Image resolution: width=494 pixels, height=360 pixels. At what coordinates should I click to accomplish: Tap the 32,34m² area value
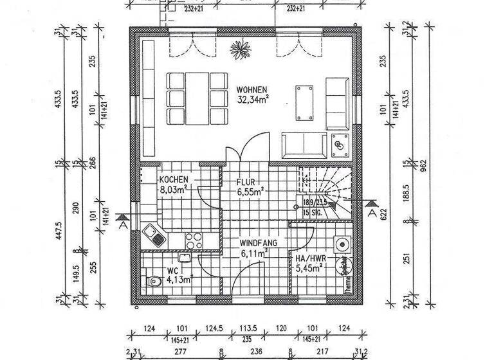253,100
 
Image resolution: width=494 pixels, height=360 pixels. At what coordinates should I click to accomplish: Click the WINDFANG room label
258,244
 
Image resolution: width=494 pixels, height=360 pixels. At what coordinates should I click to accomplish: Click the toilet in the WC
153,281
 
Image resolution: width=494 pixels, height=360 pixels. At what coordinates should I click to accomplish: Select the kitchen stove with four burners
194,240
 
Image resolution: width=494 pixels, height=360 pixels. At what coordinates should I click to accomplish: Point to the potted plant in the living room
242,47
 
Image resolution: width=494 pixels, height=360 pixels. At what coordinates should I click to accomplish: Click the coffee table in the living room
304,102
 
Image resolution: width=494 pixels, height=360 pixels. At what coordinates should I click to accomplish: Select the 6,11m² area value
253,254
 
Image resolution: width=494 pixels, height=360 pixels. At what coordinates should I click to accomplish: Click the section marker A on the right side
372,207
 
